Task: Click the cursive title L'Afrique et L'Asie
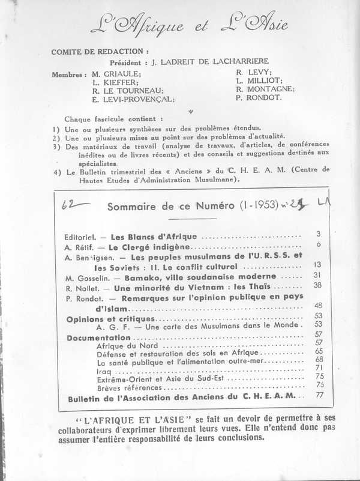click(x=189, y=25)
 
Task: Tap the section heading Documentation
click(x=90, y=338)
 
